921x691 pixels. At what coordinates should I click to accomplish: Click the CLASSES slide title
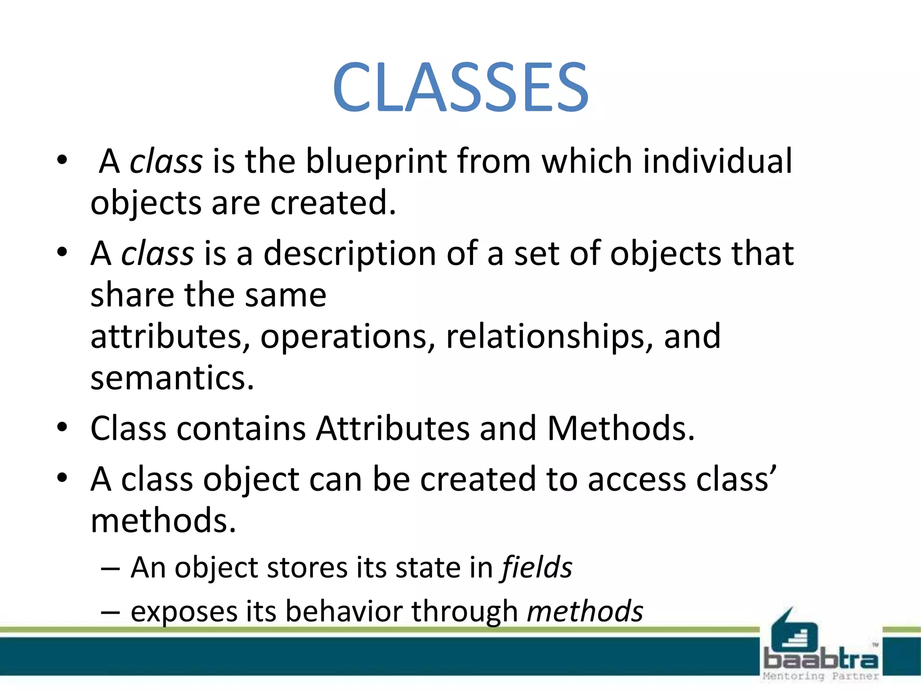click(460, 88)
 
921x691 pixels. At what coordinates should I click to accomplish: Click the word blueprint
click(377, 162)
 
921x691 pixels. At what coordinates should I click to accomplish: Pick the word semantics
click(172, 378)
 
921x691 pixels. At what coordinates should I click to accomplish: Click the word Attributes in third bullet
click(393, 428)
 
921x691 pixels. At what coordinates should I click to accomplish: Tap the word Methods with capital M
click(621, 428)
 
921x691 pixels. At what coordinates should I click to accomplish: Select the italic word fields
click(537, 568)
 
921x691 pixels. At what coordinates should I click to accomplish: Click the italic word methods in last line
click(585, 612)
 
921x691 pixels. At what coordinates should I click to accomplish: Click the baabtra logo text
click(820, 660)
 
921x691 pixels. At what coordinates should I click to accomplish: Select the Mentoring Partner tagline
click(820, 676)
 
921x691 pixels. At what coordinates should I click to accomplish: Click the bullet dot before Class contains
click(62, 427)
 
